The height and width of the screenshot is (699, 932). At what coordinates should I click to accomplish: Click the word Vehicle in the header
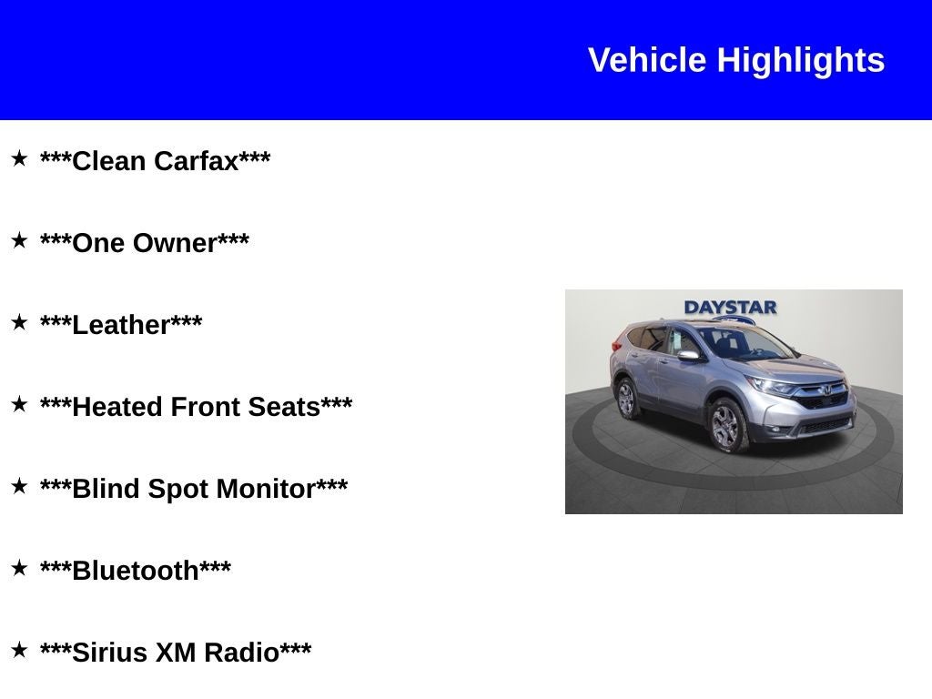[647, 60]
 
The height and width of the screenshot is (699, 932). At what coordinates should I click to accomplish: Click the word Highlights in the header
[801, 60]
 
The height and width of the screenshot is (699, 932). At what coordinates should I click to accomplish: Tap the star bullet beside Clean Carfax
[19, 159]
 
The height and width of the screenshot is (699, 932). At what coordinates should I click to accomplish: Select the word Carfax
[196, 161]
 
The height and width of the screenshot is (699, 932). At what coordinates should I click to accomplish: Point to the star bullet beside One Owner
[19, 241]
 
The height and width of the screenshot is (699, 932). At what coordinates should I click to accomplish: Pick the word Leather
[121, 325]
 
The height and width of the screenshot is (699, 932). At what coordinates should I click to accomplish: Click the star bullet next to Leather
[19, 323]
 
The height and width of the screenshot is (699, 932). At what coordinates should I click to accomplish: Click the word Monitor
[269, 489]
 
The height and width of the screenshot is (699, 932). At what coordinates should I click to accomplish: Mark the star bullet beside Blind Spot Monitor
[19, 487]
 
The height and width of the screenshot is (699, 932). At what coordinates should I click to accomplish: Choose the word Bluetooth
[136, 571]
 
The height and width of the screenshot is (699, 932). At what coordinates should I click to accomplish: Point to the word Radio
[241, 653]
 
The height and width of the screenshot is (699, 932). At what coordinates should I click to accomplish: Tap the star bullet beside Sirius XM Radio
[19, 651]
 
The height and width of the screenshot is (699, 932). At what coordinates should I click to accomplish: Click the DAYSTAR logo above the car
[730, 308]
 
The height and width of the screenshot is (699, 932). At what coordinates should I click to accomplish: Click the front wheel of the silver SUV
[726, 426]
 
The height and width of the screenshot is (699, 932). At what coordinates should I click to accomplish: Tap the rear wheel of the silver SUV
[626, 399]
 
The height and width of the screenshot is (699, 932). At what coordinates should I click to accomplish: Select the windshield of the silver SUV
[741, 343]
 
